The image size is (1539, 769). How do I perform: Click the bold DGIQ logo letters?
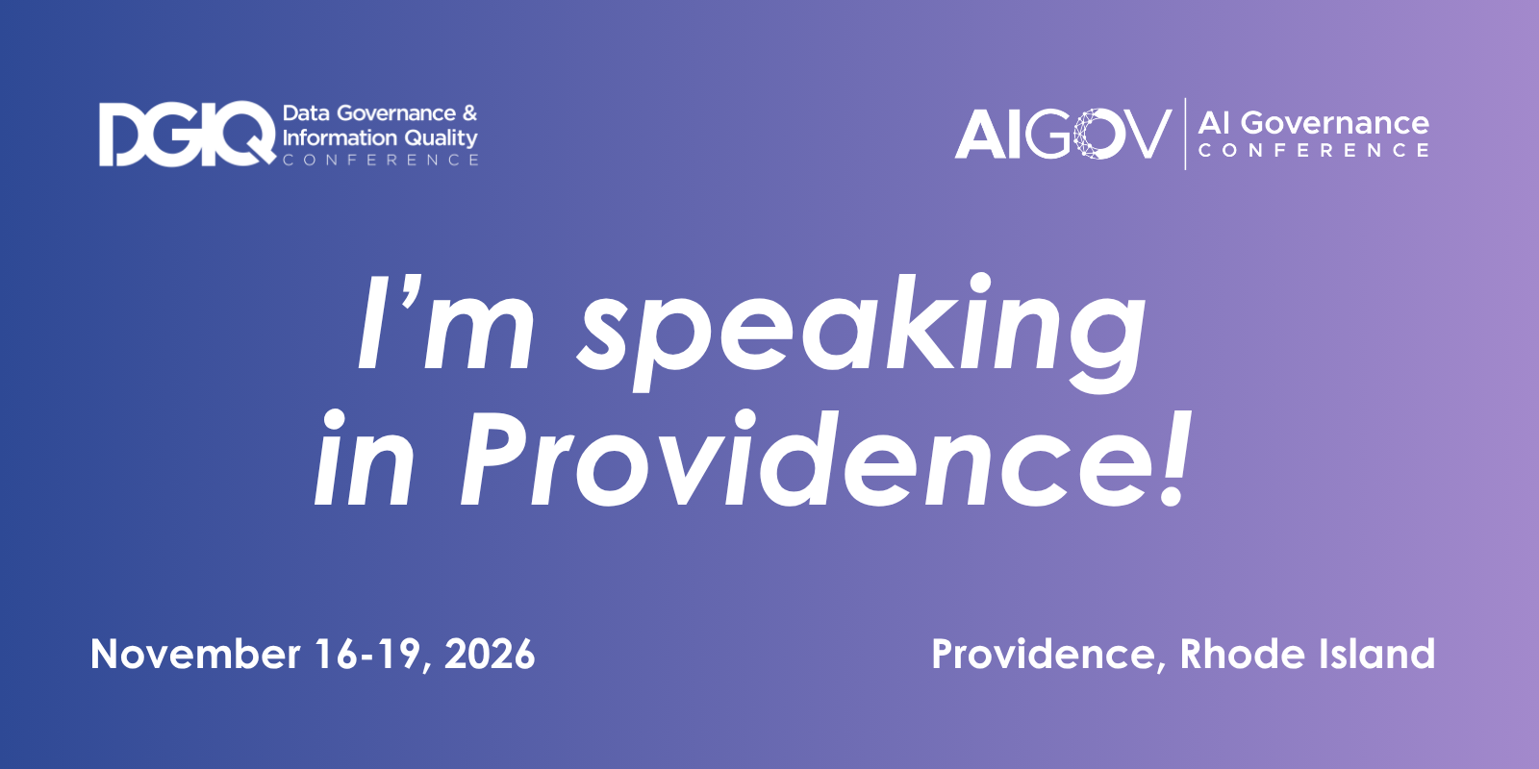point(187,134)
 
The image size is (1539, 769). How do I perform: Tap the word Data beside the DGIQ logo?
point(307,113)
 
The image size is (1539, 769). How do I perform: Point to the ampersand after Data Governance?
point(470,113)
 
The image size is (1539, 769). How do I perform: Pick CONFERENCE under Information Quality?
point(381,160)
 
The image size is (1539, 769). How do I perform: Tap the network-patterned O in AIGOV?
point(1097,134)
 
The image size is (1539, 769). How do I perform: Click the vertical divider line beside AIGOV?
point(1185,134)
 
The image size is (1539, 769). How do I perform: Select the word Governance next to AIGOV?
point(1335,124)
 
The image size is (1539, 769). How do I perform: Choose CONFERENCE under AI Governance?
point(1314,150)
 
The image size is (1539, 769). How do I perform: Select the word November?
point(195,654)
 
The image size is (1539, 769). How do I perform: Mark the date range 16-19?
point(367,654)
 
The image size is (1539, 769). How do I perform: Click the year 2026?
point(490,654)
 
